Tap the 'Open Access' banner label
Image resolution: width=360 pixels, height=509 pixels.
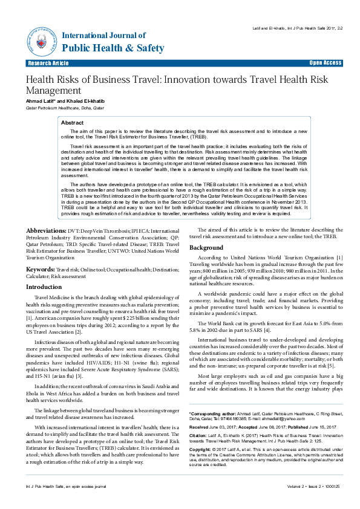coord(326,63)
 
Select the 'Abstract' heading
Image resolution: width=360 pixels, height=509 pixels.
coord(73,122)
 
